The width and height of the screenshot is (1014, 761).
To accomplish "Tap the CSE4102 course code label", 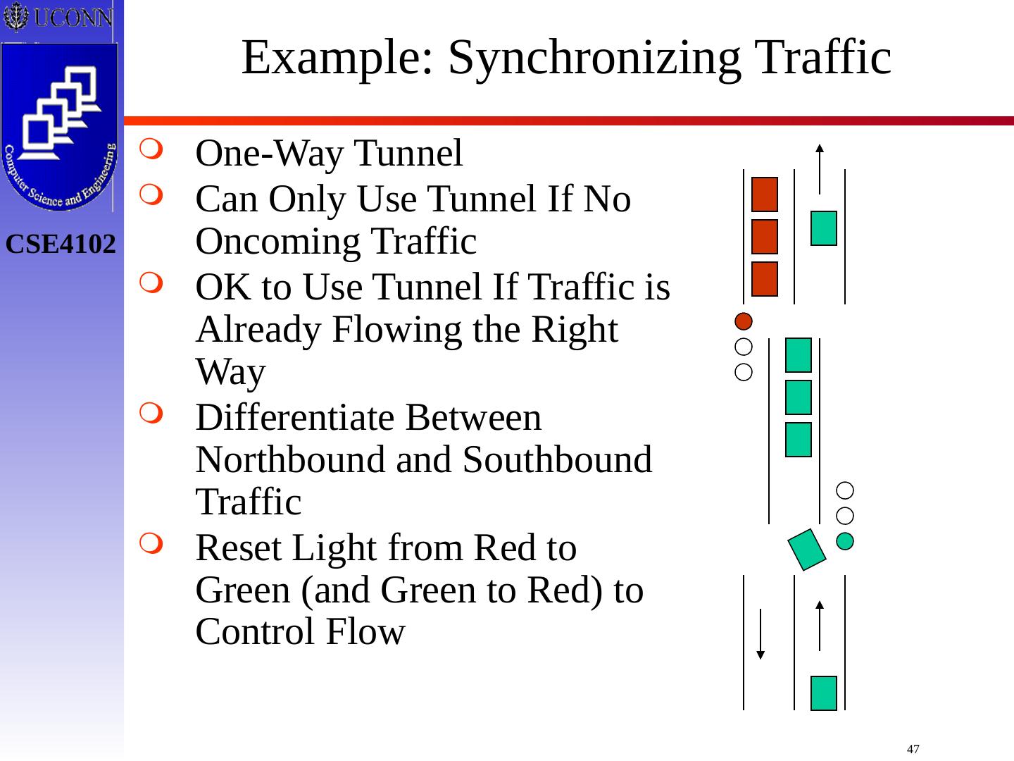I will tap(61, 245).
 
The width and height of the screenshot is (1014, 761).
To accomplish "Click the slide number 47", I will tap(913, 749).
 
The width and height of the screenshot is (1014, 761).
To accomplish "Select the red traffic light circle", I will tap(744, 321).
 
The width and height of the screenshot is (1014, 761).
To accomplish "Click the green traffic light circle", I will tap(845, 541).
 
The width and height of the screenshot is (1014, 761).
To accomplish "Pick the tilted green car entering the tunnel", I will tap(807, 549).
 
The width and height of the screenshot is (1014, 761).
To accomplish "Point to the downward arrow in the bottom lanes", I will tap(760, 634).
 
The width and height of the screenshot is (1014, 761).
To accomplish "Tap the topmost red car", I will tap(765, 194).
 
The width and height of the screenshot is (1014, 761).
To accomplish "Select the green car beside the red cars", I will tap(824, 228).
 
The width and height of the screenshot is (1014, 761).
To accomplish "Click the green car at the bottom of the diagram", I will tap(824, 693).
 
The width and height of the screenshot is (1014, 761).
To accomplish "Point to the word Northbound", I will tap(289, 460).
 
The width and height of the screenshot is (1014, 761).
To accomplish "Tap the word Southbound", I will tap(557, 460).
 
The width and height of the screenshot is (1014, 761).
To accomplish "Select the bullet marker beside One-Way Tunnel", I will tap(151, 150).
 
